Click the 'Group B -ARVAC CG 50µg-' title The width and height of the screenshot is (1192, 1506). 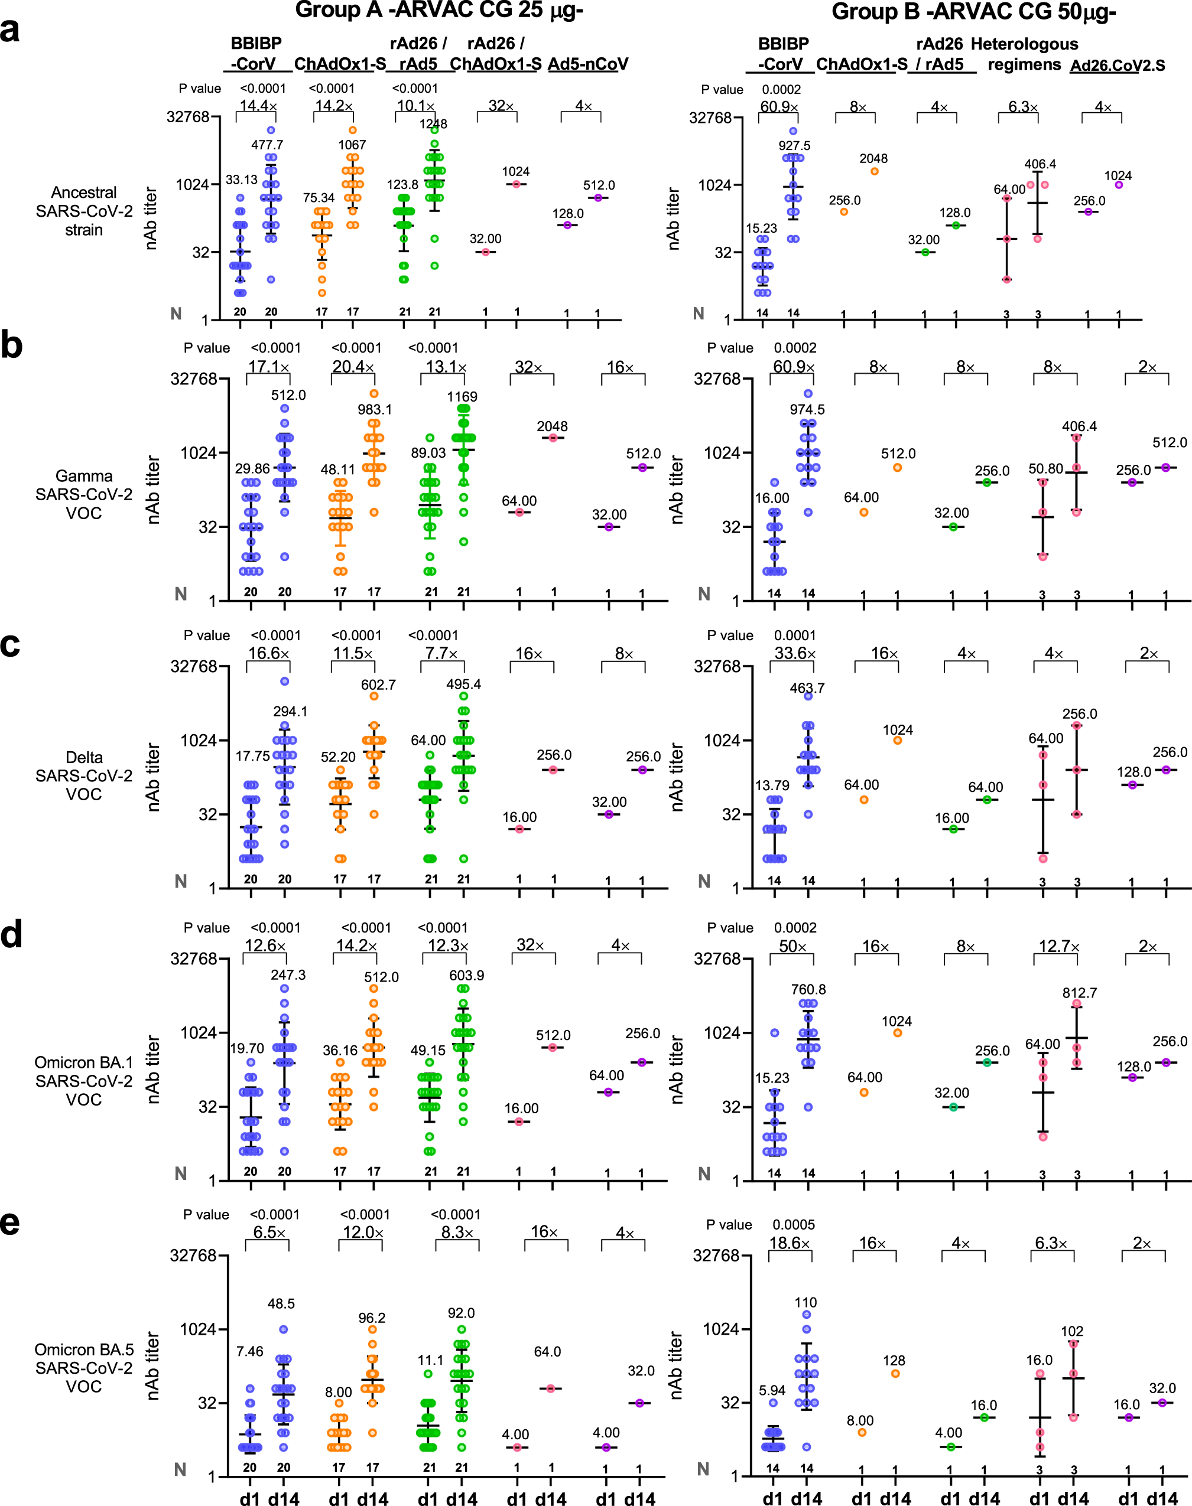pos(973,12)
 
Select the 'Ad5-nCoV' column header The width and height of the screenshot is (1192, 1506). pos(587,64)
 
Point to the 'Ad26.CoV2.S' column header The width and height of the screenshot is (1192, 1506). pos(1118,66)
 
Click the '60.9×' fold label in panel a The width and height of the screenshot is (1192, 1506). pos(779,107)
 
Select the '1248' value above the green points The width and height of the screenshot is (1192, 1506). pos(433,124)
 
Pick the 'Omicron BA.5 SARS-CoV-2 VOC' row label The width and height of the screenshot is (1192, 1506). pos(84,1368)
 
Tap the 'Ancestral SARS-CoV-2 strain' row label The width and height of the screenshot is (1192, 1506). pos(84,211)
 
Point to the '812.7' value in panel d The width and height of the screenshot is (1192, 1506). pos(1079,993)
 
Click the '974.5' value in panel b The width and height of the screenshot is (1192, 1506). pos(807,410)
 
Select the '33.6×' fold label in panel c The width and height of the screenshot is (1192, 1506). pos(794,654)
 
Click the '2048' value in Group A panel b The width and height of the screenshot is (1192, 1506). pos(552,426)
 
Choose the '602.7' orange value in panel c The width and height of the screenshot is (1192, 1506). pos(378,685)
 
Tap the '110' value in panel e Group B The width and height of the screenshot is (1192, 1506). pos(806,1302)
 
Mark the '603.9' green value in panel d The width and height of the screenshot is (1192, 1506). pos(466,975)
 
